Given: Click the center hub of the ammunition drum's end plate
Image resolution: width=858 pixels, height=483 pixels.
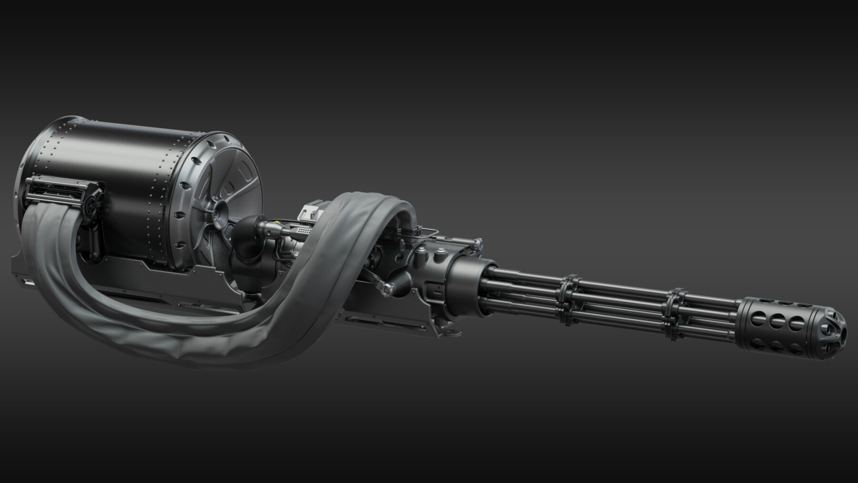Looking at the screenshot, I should tap(222, 210).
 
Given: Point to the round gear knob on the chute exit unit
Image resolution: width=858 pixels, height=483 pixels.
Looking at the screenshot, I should tap(91, 205).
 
